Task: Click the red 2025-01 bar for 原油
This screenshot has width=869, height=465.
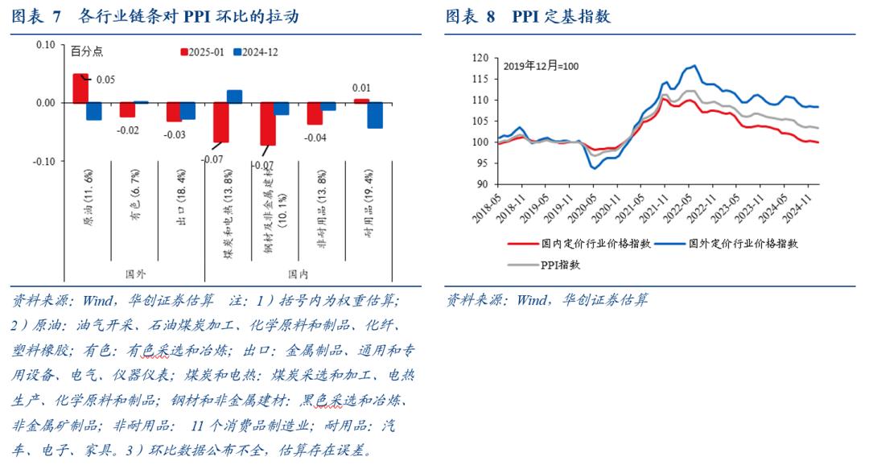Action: click(80, 88)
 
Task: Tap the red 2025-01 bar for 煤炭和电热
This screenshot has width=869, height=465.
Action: click(220, 122)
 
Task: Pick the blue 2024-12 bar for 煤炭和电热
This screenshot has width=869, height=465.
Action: click(235, 97)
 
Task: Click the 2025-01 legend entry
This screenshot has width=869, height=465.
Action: click(201, 51)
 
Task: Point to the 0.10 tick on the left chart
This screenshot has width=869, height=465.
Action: click(44, 45)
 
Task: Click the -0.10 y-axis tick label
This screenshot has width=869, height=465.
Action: click(43, 161)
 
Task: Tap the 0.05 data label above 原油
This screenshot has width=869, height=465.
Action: click(105, 80)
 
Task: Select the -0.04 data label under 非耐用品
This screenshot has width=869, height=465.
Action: click(315, 138)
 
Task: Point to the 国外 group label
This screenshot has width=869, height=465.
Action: click(136, 274)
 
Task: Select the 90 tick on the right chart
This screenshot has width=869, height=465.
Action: click(482, 184)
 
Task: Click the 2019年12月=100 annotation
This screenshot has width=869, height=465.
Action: click(541, 65)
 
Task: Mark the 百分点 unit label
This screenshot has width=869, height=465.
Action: click(87, 51)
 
